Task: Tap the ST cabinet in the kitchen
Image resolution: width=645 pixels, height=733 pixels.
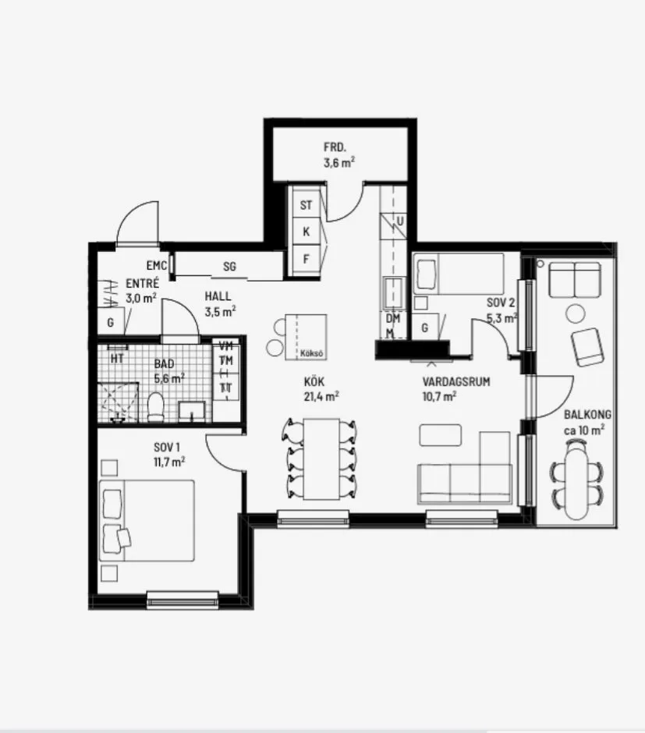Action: pyautogui.click(x=306, y=206)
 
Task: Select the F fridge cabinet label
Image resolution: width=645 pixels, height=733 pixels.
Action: pyautogui.click(x=306, y=258)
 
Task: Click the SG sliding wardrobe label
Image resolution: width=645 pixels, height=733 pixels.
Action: pyautogui.click(x=229, y=267)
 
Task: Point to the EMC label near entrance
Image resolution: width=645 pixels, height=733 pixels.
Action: pyautogui.click(x=157, y=266)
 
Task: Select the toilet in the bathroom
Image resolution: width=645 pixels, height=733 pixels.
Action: pyautogui.click(x=155, y=406)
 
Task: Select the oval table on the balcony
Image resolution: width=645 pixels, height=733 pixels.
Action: pyautogui.click(x=578, y=480)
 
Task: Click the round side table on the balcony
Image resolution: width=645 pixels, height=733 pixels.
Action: pyautogui.click(x=576, y=313)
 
